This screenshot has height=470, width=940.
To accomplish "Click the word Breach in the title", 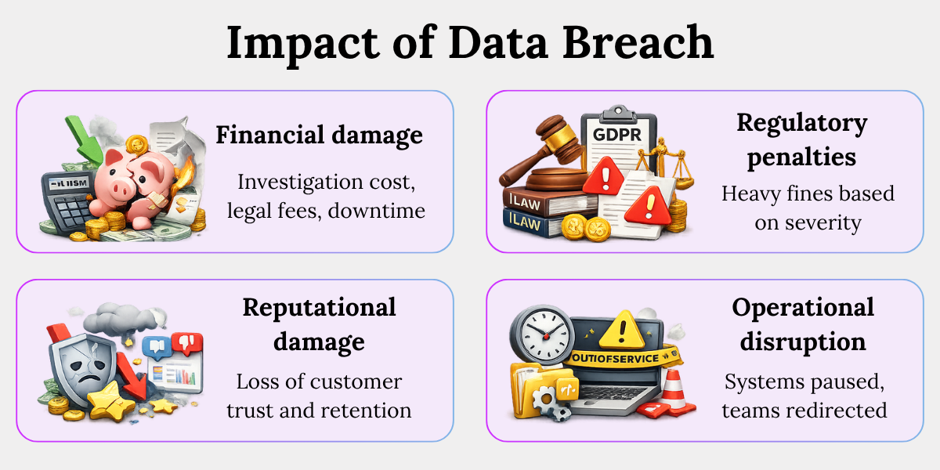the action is point(638,43).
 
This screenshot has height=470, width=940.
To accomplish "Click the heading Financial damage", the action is point(320,136).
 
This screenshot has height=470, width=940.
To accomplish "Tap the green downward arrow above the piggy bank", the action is point(83,139).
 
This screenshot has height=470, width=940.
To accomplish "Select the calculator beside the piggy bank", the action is point(67,201).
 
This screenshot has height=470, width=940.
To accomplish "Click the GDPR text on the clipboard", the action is point(617,135).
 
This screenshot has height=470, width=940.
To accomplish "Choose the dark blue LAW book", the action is point(530,222).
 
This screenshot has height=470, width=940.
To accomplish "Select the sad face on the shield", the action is point(87,370).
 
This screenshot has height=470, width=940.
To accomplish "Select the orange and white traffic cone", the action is point(672,392).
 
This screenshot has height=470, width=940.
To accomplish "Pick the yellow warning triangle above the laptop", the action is point(621,331).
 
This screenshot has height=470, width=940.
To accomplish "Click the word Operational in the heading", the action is point(803,307).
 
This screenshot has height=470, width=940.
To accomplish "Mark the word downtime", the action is point(377,211).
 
